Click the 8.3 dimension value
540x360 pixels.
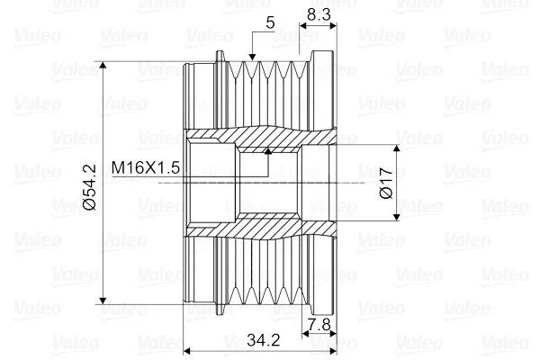[x=319, y=14]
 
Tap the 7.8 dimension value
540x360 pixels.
[x=319, y=325]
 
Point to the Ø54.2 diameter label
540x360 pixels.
[x=90, y=187]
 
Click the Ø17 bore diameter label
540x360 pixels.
[x=386, y=184]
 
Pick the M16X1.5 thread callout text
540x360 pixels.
[x=146, y=167]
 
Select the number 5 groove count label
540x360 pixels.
[x=270, y=22]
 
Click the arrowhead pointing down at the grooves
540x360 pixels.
[x=252, y=57]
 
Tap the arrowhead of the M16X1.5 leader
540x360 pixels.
[x=268, y=151]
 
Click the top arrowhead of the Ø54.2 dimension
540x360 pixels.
[x=103, y=66]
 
